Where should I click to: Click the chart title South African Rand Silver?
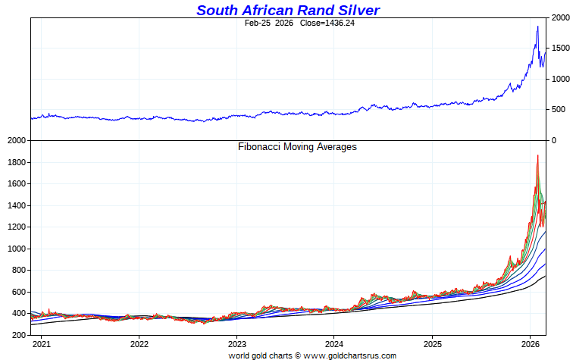pyautogui.click(x=288, y=10)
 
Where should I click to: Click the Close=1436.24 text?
pyautogui.click(x=313, y=23)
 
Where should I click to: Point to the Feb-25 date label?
pyautogui.click(x=258, y=23)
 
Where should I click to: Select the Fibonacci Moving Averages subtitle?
pyautogui.click(x=297, y=146)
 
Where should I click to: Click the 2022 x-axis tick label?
pyautogui.click(x=139, y=343)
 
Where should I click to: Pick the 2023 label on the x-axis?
pyautogui.click(x=236, y=343)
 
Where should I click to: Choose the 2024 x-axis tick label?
pyautogui.click(x=334, y=343)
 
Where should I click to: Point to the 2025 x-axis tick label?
pyautogui.click(x=432, y=343)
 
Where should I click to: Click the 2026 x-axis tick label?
pyautogui.click(x=530, y=343)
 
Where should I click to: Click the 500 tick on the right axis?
pyautogui.click(x=559, y=110)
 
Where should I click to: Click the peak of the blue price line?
pyautogui.click(x=537, y=27)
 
